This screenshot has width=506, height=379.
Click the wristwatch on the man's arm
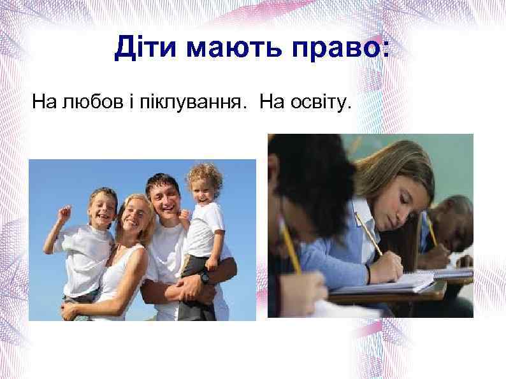pyautogui.click(x=205, y=278)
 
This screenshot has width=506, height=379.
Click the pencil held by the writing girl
pyautogui.click(x=368, y=235)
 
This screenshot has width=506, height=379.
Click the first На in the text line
pyautogui.click(x=44, y=103)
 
